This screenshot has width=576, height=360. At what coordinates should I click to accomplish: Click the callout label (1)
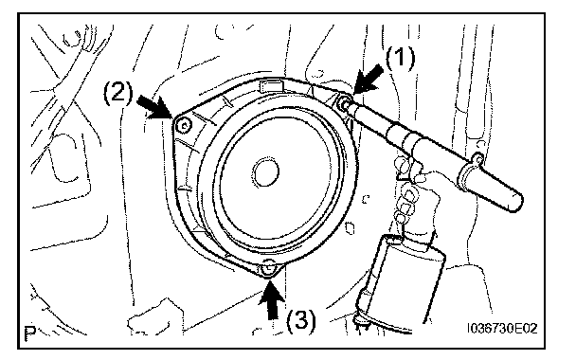click(400, 58)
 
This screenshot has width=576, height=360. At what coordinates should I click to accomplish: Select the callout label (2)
click(117, 92)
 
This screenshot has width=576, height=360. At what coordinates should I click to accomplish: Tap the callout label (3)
click(300, 320)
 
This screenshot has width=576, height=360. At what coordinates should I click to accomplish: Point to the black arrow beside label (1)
click(367, 79)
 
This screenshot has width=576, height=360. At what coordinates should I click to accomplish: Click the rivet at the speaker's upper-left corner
click(184, 126)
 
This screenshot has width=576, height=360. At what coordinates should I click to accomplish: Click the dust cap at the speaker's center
click(265, 171)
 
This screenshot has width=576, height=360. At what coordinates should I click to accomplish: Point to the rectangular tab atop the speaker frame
click(272, 86)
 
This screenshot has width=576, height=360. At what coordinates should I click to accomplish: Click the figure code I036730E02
click(502, 328)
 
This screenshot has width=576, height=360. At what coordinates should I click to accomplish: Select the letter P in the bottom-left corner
click(29, 333)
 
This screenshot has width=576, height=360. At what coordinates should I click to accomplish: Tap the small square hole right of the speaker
click(351, 228)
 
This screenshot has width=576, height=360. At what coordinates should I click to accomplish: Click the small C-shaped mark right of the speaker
click(365, 199)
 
